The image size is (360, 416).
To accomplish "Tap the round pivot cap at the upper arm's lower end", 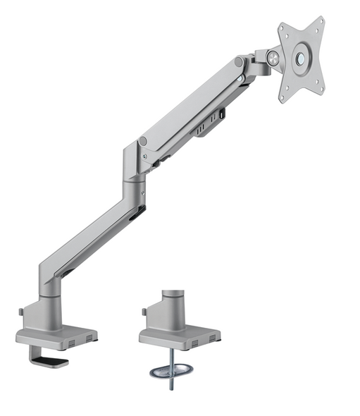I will pyautogui.click(x=144, y=141).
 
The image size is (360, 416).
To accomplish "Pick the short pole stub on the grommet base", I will pyautogui.click(x=172, y=300).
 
